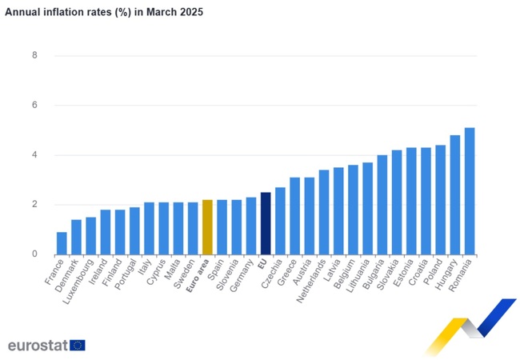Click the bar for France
[x=62, y=243]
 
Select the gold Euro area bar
[x=207, y=227]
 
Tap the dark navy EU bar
[x=266, y=223]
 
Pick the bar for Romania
[x=470, y=191]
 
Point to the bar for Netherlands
[x=324, y=212]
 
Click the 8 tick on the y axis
[x=34, y=56]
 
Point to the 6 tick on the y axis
[x=34, y=106]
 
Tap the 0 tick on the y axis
[x=34, y=254]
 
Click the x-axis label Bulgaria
[x=374, y=275]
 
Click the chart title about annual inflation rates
[x=104, y=13]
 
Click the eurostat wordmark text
[x=38, y=345]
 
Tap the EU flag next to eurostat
[x=78, y=345]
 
